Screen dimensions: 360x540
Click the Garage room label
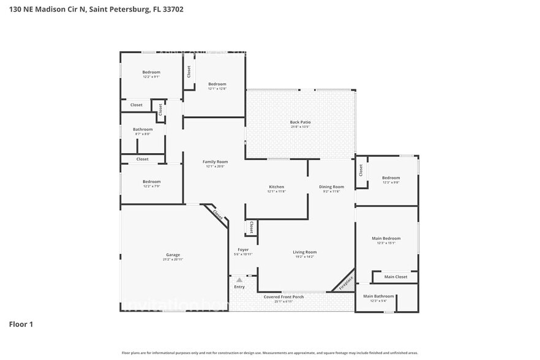[173, 255]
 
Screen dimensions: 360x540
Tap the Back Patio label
[300, 122]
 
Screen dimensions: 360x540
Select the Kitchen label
[276, 187]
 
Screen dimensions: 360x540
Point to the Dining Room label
[331, 187]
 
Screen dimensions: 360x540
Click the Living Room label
[304, 252]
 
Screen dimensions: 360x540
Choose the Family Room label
[215, 162]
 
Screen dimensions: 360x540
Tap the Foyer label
[243, 249]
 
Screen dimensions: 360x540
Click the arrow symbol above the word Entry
[239, 280]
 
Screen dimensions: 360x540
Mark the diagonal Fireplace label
[346, 282]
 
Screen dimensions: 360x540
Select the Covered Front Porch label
[283, 297]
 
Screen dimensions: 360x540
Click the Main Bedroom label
[386, 238]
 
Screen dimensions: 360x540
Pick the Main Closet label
[396, 277]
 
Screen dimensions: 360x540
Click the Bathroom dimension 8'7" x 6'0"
[143, 134]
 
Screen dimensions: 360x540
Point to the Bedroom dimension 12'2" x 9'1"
[151, 77]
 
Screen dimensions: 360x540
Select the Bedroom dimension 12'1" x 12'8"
[217, 89]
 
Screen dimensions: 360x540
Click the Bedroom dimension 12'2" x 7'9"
[151, 186]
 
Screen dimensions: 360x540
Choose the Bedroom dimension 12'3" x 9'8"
[391, 182]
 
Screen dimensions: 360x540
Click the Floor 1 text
[21, 324]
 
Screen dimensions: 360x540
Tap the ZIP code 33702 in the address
[171, 9]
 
